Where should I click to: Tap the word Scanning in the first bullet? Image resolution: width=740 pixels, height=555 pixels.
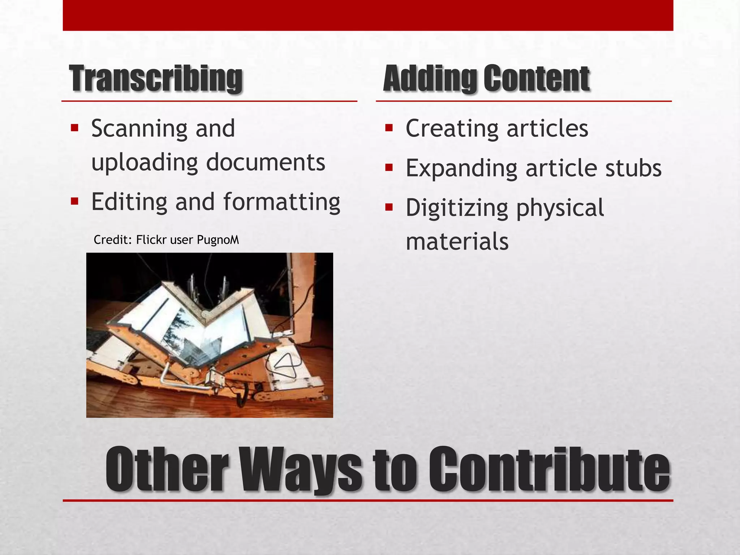click(x=139, y=129)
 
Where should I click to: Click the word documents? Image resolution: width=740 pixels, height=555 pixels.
click(x=266, y=162)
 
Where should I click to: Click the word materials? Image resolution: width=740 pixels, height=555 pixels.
click(x=457, y=242)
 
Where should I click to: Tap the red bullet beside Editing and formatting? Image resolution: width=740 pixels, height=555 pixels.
click(x=75, y=201)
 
